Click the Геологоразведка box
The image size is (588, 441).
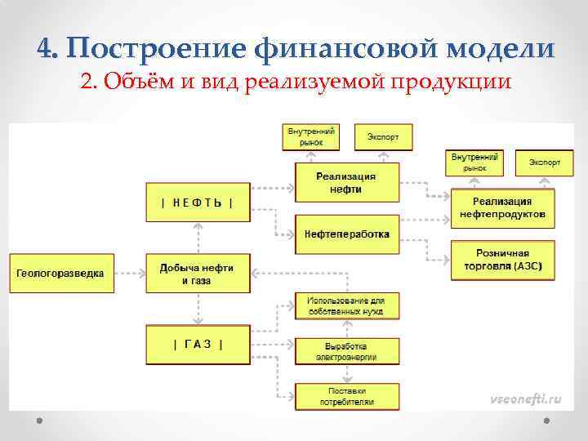61,273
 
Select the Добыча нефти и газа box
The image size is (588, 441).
197,273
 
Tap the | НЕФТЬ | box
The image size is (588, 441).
197,203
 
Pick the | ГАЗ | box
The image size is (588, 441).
197,344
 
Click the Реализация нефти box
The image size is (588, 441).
346,182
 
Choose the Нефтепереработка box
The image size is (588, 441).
346,234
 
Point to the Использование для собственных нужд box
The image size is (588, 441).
346,305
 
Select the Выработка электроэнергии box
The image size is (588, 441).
346,351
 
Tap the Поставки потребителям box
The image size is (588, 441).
346,397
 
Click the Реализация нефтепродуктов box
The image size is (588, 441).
502,207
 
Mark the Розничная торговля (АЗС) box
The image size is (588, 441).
502,260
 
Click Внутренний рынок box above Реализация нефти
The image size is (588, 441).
310,136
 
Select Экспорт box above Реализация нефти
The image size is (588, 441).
383,136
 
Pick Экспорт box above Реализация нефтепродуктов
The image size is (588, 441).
544,163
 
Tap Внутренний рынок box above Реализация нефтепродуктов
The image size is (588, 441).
474,162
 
